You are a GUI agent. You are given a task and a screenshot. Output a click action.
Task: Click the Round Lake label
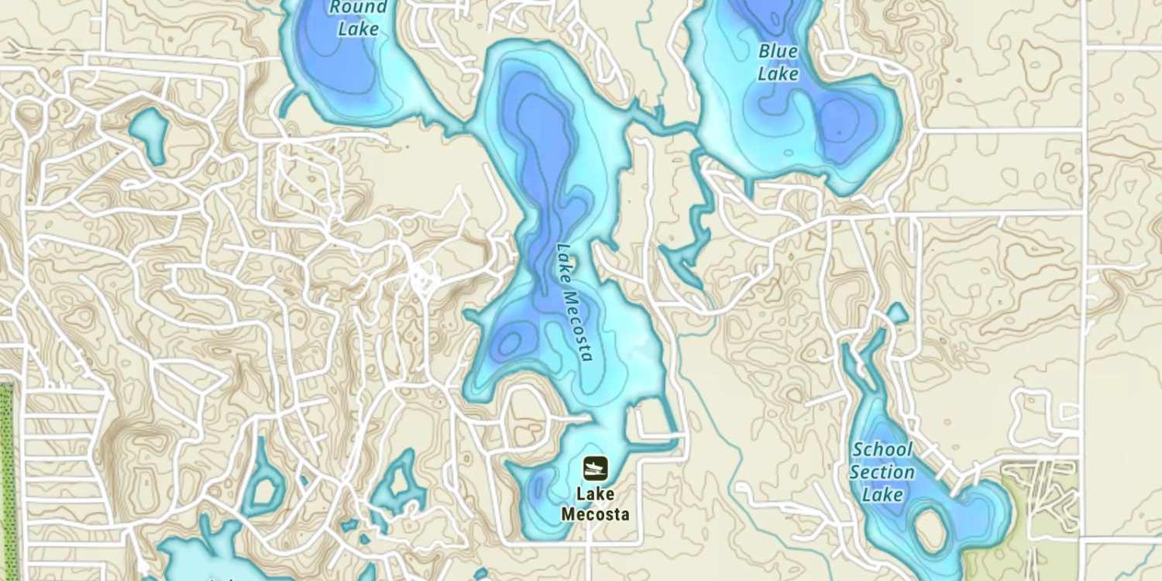click(x=358, y=19)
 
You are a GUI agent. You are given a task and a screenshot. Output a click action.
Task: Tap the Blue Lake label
click(x=778, y=63)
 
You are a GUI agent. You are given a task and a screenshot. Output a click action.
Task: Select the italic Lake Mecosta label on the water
click(x=575, y=302)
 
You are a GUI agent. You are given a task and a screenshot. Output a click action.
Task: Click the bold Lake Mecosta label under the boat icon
click(x=595, y=504)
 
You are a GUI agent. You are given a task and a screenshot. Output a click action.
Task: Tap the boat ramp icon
click(x=595, y=468)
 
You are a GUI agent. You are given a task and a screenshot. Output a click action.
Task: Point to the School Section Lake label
click(x=882, y=472)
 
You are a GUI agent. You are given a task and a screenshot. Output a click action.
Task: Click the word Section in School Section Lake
click(x=882, y=472)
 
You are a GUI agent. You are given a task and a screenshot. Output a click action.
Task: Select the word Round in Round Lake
click(x=358, y=8)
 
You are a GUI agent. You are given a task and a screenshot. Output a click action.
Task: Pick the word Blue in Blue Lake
click(x=778, y=52)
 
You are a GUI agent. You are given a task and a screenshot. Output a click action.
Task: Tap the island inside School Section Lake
click(x=930, y=530)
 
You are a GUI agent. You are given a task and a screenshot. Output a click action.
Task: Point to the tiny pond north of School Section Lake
click(x=896, y=313)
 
